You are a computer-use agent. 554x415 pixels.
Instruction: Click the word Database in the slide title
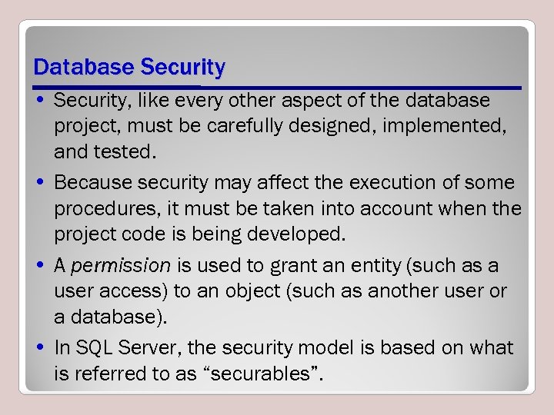click(x=83, y=68)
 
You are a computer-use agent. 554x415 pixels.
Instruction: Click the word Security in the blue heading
click(x=182, y=68)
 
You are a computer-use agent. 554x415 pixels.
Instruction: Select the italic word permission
click(x=121, y=266)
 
